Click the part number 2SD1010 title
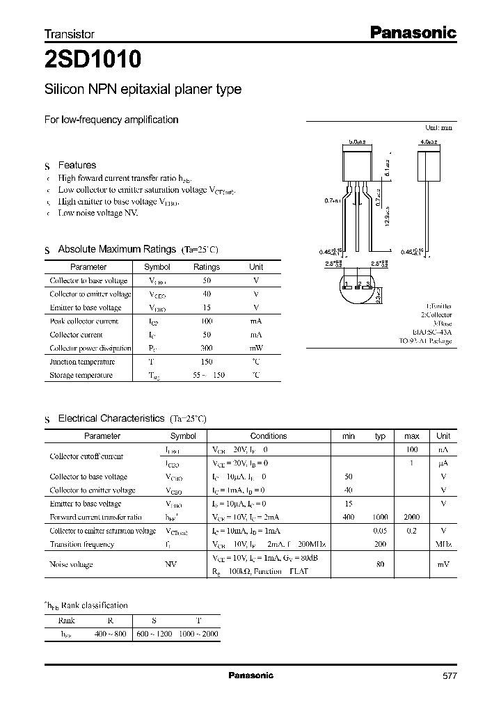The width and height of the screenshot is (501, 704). coord(93,61)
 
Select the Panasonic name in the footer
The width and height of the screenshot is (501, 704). coord(251,675)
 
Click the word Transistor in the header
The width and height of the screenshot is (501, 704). coord(70,33)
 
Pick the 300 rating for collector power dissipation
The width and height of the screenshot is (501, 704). coord(207,348)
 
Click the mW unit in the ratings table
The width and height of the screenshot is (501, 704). coord(256,348)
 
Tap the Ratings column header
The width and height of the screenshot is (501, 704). coord(207,267)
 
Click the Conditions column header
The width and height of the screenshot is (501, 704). coord(269,436)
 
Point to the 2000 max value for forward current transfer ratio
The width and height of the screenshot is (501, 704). coord(412,518)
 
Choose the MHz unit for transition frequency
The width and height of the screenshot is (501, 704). coord(443,545)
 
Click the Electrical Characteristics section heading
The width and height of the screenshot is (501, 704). coord(111,419)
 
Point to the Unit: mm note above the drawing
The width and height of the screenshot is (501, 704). coord(438,128)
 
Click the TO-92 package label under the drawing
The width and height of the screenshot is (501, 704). coord(425,342)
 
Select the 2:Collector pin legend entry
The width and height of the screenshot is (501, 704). coord(435,315)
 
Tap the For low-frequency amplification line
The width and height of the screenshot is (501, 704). coord(111,120)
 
